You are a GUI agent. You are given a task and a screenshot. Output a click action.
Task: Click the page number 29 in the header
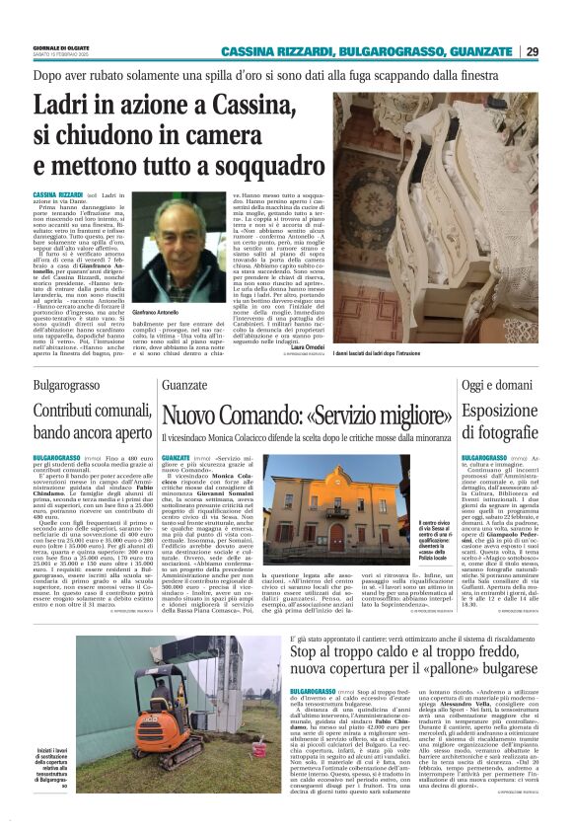(x=533, y=51)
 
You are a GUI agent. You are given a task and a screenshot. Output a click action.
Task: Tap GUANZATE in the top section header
(x=487, y=51)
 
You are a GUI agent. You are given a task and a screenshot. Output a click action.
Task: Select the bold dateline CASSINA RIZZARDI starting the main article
(x=57, y=196)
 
